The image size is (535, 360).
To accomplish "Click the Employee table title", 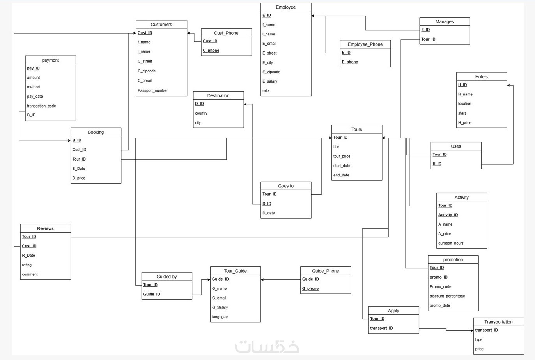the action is [286, 7].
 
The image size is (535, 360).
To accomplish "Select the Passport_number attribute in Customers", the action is [152, 90].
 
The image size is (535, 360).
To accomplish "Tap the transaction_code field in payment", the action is [41, 106].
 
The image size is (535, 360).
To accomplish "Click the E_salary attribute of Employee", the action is [270, 81].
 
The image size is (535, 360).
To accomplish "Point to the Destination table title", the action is [218, 96].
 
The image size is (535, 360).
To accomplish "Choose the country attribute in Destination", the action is [201, 113].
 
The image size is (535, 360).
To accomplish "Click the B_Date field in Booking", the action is [79, 168].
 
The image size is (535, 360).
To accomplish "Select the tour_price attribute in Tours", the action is [342, 156].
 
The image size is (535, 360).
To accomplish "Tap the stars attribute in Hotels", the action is [462, 113].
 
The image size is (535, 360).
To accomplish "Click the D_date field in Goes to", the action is [268, 213].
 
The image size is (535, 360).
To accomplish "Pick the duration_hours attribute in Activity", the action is [451, 243].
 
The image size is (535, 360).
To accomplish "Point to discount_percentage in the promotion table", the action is [447, 296].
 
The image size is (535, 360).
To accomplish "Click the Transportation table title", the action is [498, 322].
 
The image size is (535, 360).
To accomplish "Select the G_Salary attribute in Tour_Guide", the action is [220, 307].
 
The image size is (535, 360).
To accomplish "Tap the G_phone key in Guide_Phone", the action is [310, 288].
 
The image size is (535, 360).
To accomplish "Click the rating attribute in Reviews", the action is [27, 265].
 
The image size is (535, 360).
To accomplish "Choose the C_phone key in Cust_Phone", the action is [211, 51].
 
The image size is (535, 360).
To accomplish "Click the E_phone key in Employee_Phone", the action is [350, 62].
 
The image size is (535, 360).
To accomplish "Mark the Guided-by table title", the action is [167, 277].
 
